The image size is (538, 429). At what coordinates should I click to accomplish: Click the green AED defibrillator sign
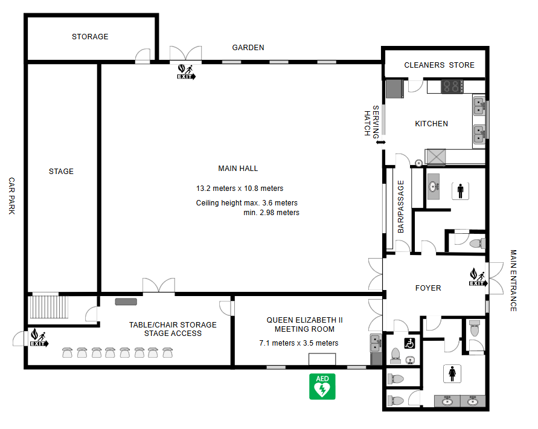coord(322,387)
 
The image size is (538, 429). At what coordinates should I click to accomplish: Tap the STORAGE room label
coord(90,37)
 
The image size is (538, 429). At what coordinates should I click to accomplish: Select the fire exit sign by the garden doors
coord(187,72)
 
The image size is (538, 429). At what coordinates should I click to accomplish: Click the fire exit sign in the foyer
coord(478,277)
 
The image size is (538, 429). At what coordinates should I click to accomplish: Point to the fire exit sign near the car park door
coord(39,338)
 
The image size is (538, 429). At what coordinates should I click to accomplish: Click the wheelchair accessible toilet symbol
coord(409,343)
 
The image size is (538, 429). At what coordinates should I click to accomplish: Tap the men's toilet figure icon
coord(461,191)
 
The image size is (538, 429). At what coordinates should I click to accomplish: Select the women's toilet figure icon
coord(452,373)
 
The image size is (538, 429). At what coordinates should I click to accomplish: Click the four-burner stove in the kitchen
coord(452,86)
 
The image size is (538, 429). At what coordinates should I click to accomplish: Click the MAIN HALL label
coord(238,169)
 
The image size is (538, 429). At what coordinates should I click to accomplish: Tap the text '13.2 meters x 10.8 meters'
coord(240,189)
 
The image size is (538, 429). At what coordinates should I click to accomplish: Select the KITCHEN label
coord(431,124)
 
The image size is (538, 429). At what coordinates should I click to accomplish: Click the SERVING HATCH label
coord(371,123)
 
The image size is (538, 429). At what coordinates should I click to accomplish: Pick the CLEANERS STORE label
coord(439,65)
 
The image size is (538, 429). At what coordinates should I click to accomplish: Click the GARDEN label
coord(248,48)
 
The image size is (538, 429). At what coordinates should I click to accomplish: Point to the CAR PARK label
coord(11,196)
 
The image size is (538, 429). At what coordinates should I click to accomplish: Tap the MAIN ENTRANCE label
coord(513,280)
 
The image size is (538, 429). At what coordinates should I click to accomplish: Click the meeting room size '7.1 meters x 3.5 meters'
coord(299,343)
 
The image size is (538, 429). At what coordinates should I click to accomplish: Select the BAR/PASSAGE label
coord(401,207)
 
